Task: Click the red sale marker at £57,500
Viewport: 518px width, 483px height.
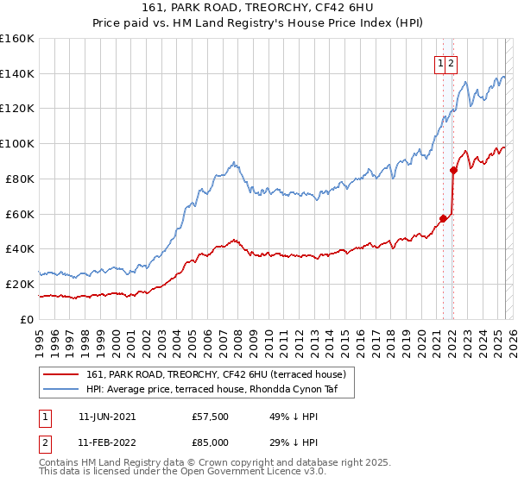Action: click(443, 218)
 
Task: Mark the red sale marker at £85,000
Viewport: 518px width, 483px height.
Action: click(453, 170)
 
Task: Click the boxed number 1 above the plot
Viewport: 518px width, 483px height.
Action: click(440, 62)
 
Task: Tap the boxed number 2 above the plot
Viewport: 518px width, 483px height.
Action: click(452, 62)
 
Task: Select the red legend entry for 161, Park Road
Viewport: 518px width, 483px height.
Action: click(216, 374)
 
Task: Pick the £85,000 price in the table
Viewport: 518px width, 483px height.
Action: click(210, 442)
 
